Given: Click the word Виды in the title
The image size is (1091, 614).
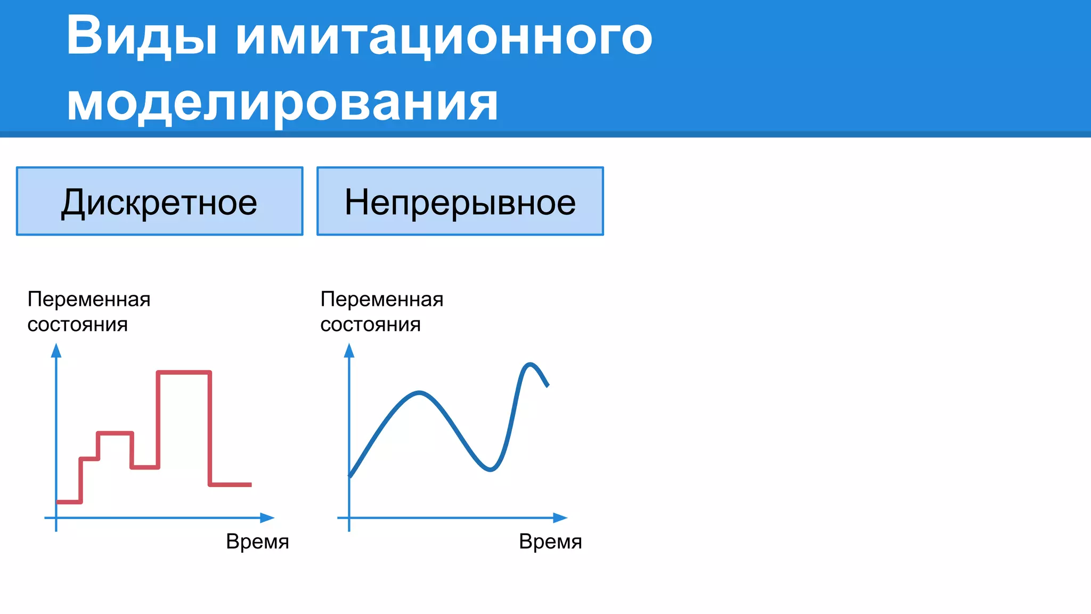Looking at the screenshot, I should pyautogui.click(x=142, y=36).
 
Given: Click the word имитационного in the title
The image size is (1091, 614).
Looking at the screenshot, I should pyautogui.click(x=444, y=36).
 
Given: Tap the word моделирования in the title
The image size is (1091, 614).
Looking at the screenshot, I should pyautogui.click(x=282, y=102).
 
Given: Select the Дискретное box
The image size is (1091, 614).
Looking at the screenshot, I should pyautogui.click(x=159, y=201).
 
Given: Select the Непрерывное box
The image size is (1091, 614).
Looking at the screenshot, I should pyautogui.click(x=460, y=201).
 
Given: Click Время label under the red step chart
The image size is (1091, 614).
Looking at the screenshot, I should pyautogui.click(x=257, y=542).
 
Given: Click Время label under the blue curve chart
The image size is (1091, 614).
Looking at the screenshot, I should pyautogui.click(x=550, y=542).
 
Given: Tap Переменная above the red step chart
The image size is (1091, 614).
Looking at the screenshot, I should pyautogui.click(x=89, y=299).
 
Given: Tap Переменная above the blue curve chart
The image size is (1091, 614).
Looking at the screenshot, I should pyautogui.click(x=382, y=299).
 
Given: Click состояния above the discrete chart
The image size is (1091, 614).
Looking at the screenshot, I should pyautogui.click(x=78, y=324).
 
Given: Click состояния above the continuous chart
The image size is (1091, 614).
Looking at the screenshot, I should pyautogui.click(x=371, y=324).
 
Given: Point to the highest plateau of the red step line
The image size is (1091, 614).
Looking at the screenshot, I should pyautogui.click(x=184, y=372).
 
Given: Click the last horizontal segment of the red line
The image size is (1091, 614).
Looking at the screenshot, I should pyautogui.click(x=230, y=484).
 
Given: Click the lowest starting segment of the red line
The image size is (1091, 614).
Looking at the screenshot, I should pyautogui.click(x=69, y=502).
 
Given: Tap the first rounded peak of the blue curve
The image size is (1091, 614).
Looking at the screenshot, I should pyautogui.click(x=420, y=393).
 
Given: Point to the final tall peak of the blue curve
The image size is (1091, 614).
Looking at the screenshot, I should pyautogui.click(x=530, y=364).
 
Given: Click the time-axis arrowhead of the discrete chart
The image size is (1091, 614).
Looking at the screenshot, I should pyautogui.click(x=268, y=518).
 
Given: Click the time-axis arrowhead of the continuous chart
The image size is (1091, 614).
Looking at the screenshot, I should pyautogui.click(x=561, y=518).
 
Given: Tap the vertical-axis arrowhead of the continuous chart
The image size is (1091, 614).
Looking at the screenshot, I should pyautogui.click(x=349, y=350).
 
